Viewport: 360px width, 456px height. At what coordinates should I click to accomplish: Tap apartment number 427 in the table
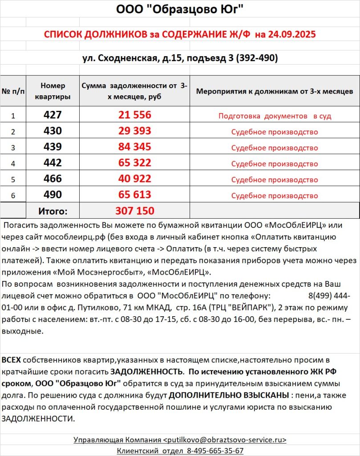[53, 115]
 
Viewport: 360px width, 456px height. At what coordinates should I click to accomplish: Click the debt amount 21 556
[135, 115]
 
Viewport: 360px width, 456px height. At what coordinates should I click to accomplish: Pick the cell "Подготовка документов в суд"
[275, 116]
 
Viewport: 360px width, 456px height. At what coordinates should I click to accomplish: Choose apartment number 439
[53, 147]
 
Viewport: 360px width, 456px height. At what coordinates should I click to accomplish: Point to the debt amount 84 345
[135, 147]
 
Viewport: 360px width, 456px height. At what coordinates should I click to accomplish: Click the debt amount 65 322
[135, 163]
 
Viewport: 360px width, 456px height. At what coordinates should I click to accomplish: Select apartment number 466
[53, 179]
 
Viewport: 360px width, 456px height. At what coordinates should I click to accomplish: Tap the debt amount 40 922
[135, 179]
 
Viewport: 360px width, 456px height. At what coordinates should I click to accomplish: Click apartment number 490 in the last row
[53, 195]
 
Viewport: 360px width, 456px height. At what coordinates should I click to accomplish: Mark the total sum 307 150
[135, 211]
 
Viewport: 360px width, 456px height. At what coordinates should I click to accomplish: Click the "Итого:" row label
[53, 211]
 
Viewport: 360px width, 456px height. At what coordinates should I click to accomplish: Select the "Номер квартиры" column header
[53, 91]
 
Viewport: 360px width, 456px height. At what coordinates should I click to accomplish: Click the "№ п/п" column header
[13, 91]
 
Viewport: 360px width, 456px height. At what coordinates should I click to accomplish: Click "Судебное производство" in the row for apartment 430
[275, 132]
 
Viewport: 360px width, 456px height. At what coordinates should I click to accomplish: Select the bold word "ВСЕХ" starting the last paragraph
[11, 359]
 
